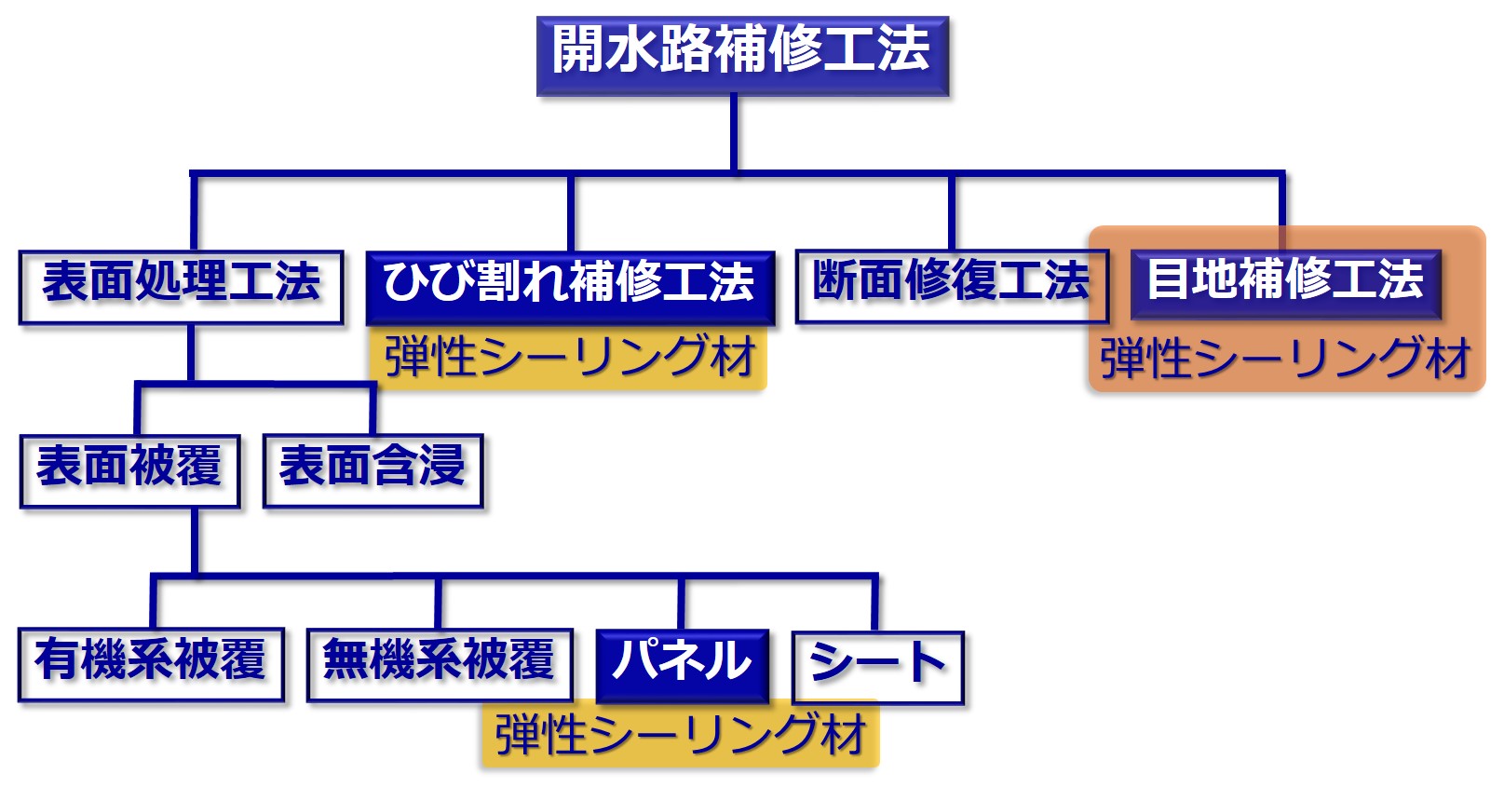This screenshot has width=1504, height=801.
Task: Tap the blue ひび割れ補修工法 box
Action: tap(569, 285)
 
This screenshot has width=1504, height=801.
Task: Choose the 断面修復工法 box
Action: tap(951, 284)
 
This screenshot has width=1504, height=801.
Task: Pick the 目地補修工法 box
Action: tap(1284, 282)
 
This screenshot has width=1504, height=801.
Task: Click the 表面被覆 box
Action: tap(129, 469)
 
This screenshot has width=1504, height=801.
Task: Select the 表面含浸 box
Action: tap(373, 469)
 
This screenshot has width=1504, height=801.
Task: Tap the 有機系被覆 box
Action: tap(151, 663)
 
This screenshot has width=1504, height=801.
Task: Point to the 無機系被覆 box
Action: tap(439, 663)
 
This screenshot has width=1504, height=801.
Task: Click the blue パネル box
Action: tap(682, 663)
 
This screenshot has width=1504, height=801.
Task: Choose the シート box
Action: tap(877, 667)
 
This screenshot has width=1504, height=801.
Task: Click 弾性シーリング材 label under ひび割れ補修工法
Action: tap(569, 358)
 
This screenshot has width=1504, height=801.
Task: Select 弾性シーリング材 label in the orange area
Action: tap(1284, 360)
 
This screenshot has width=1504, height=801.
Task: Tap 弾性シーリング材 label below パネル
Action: tap(681, 736)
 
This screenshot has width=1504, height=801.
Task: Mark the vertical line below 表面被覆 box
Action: tap(196, 540)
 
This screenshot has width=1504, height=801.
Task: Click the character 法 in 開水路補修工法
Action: tap(902, 50)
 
